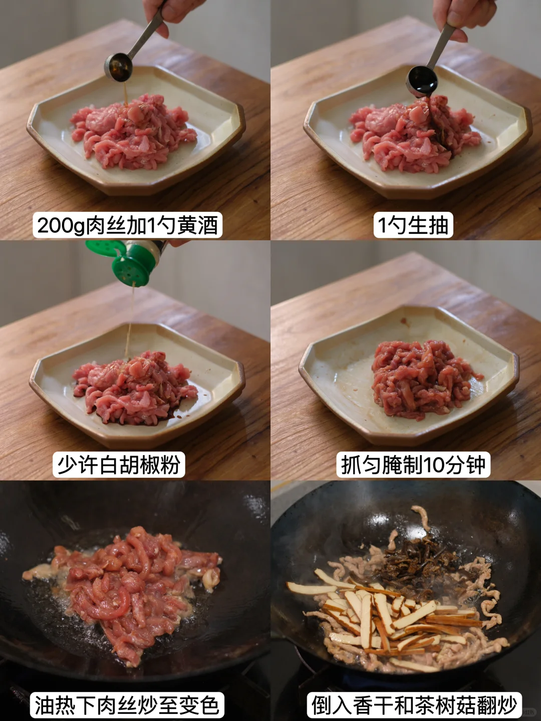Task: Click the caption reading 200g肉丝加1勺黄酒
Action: (127, 225)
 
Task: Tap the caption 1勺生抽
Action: (413, 225)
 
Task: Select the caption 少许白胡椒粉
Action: (119, 465)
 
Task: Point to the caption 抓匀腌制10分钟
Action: (413, 465)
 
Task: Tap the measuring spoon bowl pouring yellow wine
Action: (119, 67)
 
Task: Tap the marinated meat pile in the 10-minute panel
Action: (424, 381)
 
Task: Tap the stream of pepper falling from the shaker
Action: (130, 320)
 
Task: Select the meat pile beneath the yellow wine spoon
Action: (133, 131)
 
